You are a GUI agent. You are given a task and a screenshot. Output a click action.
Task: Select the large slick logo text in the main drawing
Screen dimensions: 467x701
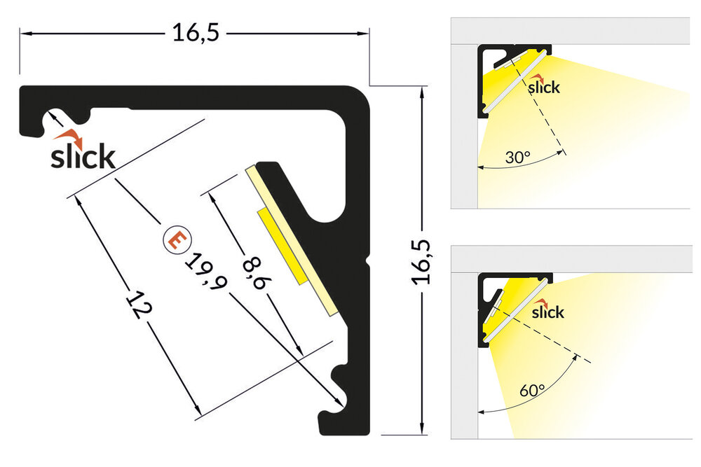[x=82, y=156]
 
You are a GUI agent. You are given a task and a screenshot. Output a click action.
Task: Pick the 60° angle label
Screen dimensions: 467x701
[x=533, y=390]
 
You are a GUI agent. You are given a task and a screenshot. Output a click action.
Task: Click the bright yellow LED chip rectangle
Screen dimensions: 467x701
[x=284, y=246]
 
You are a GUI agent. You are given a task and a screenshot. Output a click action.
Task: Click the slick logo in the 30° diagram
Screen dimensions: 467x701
[x=543, y=86]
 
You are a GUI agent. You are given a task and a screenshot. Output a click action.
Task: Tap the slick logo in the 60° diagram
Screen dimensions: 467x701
[x=547, y=311]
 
